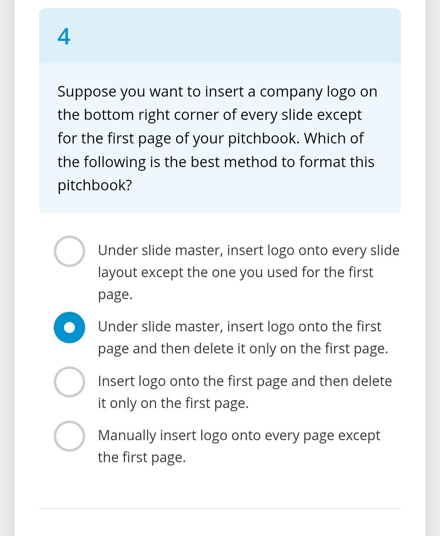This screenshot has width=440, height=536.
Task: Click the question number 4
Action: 64,37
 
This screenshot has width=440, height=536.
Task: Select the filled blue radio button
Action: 69,327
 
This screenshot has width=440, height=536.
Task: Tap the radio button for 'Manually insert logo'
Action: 69,436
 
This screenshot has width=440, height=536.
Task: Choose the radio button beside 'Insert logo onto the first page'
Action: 69,382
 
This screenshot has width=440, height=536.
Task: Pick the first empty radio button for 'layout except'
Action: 69,251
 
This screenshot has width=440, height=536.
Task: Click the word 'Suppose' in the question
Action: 87,92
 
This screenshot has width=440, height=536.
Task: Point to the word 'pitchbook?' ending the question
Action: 95,185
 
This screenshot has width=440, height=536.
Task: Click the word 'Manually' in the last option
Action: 127,435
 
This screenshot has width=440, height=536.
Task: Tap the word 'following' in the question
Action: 114,162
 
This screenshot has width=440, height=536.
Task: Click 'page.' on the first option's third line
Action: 115,295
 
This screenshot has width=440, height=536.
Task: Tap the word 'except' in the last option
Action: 359,435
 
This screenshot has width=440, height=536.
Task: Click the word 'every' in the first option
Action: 349,250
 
